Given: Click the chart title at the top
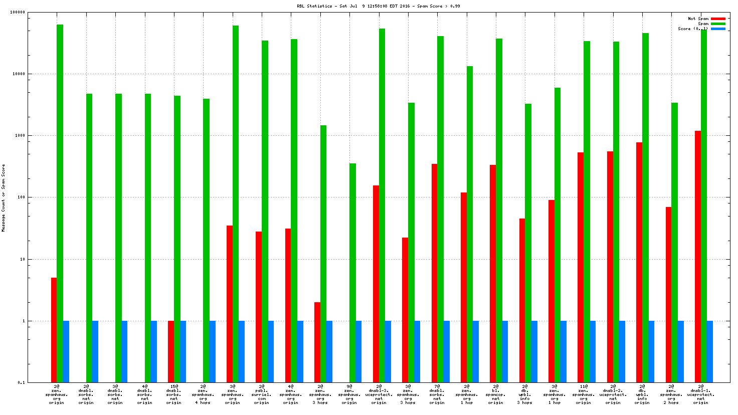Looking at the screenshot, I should pyautogui.click(x=378, y=6).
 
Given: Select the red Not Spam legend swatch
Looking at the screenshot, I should pyautogui.click(x=718, y=19).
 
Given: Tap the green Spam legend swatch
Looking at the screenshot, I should pyautogui.click(x=718, y=24).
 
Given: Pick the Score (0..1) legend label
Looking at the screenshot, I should pyautogui.click(x=693, y=29).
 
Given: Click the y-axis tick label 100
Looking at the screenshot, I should pyautogui.click(x=21, y=197).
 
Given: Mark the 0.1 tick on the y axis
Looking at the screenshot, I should pyautogui.click(x=22, y=382).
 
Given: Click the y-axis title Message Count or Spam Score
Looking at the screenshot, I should pyautogui.click(x=4, y=197).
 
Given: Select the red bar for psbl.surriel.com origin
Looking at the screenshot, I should pyautogui.click(x=259, y=307).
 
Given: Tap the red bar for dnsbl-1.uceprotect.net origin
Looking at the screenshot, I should pyautogui.click(x=698, y=257).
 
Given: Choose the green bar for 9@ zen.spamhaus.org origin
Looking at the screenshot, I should pyautogui.click(x=352, y=273).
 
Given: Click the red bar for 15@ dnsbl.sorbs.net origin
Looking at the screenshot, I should pyautogui.click(x=171, y=351).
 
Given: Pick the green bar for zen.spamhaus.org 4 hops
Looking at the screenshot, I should pyautogui.click(x=206, y=241).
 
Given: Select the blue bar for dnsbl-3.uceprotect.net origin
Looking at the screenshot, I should pyautogui.click(x=388, y=351).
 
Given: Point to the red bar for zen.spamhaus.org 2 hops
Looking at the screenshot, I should pyautogui.click(x=668, y=295).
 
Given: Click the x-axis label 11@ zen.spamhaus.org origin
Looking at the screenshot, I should pyautogui.click(x=583, y=394).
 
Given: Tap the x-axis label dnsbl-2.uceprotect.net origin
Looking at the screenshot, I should pyautogui.click(x=613, y=394).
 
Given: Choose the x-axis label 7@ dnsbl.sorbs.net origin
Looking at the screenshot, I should pyautogui.click(x=437, y=394).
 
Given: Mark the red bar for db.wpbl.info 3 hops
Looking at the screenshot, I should pyautogui.click(x=522, y=300).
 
